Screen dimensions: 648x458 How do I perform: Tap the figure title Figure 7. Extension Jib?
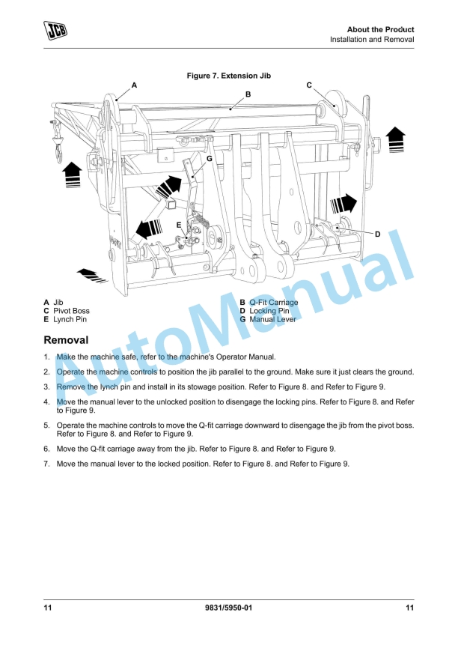[x=229, y=76]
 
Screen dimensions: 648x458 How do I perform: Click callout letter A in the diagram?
[x=134, y=85]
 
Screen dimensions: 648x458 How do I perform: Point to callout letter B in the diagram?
[x=248, y=94]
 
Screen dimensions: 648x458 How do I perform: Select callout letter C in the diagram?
[x=309, y=85]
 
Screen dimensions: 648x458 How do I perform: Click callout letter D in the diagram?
[x=377, y=234]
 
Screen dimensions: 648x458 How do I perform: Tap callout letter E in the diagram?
[x=179, y=224]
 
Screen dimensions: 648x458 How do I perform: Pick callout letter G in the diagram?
[x=209, y=159]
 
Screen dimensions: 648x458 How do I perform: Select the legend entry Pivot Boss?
[x=71, y=311]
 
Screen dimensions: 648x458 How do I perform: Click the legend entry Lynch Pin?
[x=70, y=319]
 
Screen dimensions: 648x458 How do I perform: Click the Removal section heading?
[x=66, y=340]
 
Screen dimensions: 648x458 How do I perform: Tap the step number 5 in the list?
[x=46, y=426]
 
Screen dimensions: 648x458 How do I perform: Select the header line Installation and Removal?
[x=372, y=40]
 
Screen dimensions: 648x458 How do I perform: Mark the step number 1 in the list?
[x=46, y=357]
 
